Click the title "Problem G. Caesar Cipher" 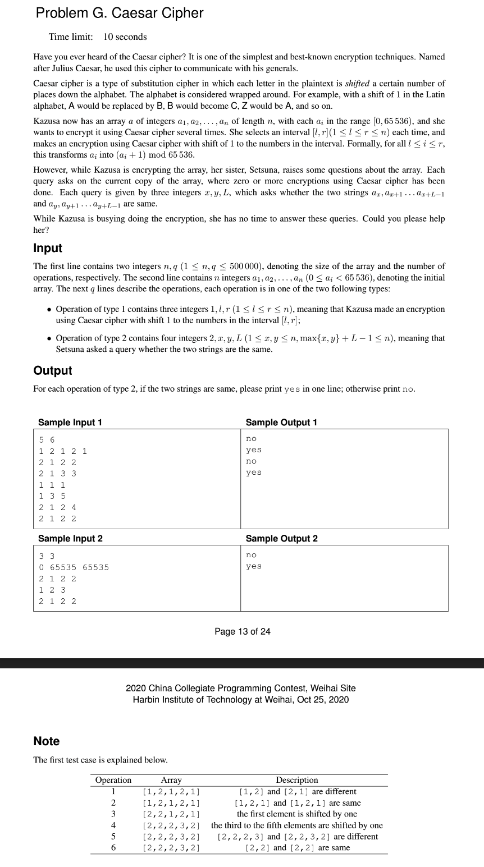(119, 13)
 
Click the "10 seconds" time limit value (125, 37)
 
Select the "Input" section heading (48, 248)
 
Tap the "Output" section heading (53, 370)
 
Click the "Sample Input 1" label (70, 423)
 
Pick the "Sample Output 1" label (281, 423)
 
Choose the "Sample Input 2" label (70, 539)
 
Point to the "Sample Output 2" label (281, 539)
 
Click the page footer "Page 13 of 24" (242, 631)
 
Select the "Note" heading (47, 741)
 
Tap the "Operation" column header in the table (113, 780)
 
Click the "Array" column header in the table (171, 780)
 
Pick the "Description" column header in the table (297, 780)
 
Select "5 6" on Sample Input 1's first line (47, 439)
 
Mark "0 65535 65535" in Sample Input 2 (74, 567)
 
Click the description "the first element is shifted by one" (297, 814)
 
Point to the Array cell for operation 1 (172, 792)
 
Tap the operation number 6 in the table (113, 847)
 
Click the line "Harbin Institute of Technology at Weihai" (240, 699)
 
